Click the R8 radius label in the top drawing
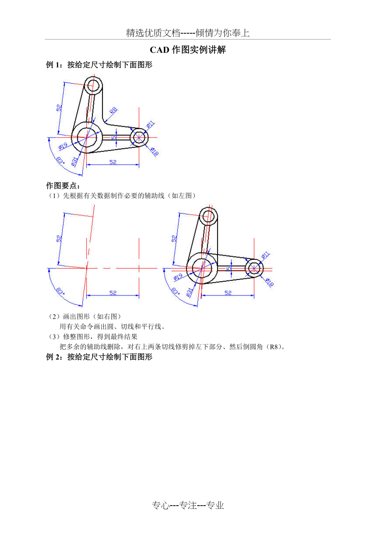click(x=113, y=111)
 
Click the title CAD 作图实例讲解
click(x=188, y=50)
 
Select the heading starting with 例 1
click(x=99, y=65)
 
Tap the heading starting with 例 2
click(x=99, y=357)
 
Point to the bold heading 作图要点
click(x=63, y=186)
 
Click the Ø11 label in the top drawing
click(x=151, y=125)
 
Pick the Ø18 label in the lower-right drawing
click(x=270, y=282)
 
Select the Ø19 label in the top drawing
click(x=63, y=146)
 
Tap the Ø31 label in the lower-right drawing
click(x=190, y=292)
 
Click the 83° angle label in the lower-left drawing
click(x=60, y=291)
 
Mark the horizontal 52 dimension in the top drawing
click(x=113, y=162)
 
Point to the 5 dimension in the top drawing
click(x=113, y=138)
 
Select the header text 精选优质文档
click(x=153, y=33)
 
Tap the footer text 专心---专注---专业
click(x=188, y=506)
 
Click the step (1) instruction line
click(x=121, y=196)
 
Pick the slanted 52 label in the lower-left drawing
click(x=59, y=239)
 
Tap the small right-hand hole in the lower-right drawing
click(x=254, y=268)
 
